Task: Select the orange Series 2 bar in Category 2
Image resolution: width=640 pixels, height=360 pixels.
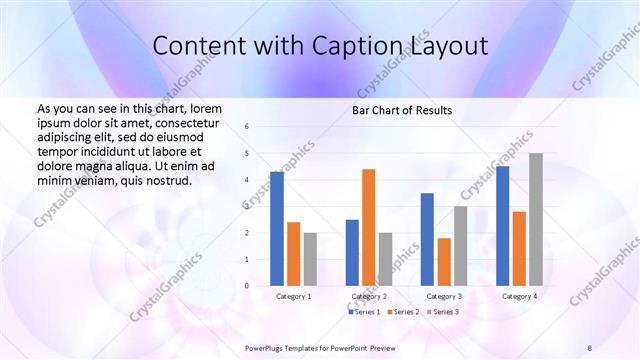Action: (368, 227)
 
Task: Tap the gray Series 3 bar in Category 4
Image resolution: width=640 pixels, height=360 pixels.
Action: (536, 219)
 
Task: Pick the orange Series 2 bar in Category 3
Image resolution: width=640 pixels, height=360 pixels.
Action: (444, 261)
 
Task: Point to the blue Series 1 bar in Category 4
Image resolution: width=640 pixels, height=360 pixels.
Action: (503, 225)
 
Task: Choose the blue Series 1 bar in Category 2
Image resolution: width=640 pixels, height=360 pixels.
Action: (352, 252)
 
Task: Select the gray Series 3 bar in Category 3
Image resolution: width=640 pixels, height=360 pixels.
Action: (460, 245)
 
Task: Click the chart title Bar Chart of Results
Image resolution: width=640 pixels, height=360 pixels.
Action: (402, 110)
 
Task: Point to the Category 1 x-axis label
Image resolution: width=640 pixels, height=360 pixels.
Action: (293, 297)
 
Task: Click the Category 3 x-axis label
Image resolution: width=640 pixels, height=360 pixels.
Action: (443, 297)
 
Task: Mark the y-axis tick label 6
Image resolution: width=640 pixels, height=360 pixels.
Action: (247, 126)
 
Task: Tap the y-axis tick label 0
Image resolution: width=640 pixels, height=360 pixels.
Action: (247, 286)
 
